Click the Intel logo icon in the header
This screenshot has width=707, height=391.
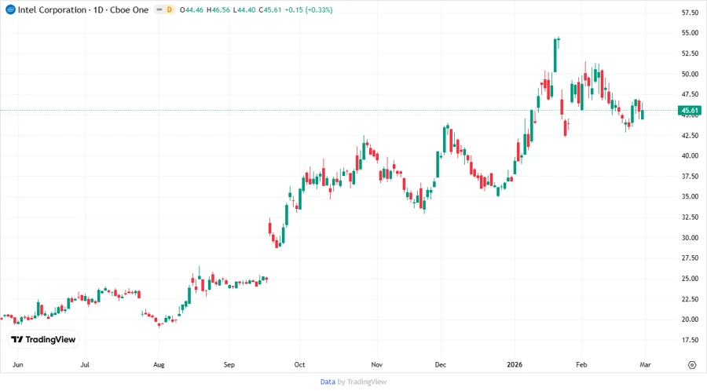coord(10,9)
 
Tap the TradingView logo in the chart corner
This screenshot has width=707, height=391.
coord(44,340)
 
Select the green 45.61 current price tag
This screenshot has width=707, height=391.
coord(690,111)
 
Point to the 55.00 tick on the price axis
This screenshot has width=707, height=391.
coord(690,33)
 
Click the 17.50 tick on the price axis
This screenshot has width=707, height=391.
coord(690,340)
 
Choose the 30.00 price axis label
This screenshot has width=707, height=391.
coord(690,238)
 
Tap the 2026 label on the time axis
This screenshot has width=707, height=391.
coord(515,365)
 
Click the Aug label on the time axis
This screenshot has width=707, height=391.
coord(159,365)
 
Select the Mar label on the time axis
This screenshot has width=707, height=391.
coord(645,365)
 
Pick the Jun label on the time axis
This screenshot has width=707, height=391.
coord(18,365)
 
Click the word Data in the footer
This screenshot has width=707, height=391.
coord(328,382)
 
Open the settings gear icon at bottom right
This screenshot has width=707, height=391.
coord(691,365)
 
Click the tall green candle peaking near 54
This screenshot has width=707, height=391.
coord(555,54)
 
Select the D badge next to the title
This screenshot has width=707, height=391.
coord(169,9)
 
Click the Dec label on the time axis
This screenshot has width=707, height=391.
coord(441,365)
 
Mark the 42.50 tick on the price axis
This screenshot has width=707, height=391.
coord(690,135)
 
